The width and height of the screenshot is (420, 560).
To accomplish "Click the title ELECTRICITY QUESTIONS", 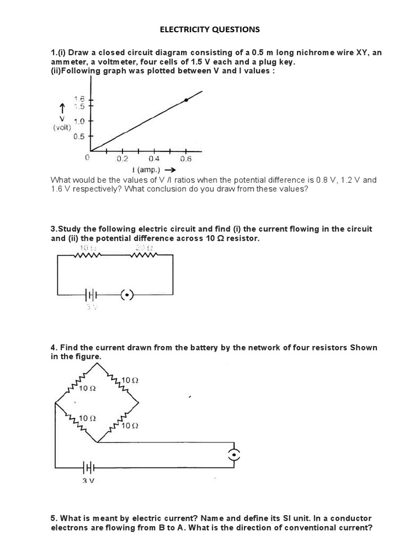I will click(210, 30).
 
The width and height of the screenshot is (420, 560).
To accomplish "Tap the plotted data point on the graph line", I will click(186, 100).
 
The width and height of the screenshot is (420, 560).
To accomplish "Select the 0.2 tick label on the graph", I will click(122, 159).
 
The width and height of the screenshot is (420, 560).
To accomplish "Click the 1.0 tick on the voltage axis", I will click(79, 121).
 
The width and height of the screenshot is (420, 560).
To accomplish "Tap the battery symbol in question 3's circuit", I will click(90, 295).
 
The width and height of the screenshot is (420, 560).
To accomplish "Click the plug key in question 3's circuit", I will click(126, 295).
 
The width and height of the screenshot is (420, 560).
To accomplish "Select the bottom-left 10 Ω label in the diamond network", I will click(87, 418).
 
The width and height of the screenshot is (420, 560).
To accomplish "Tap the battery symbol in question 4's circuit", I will click(89, 468).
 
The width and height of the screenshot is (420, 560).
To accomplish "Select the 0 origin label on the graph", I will click(87, 157).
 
